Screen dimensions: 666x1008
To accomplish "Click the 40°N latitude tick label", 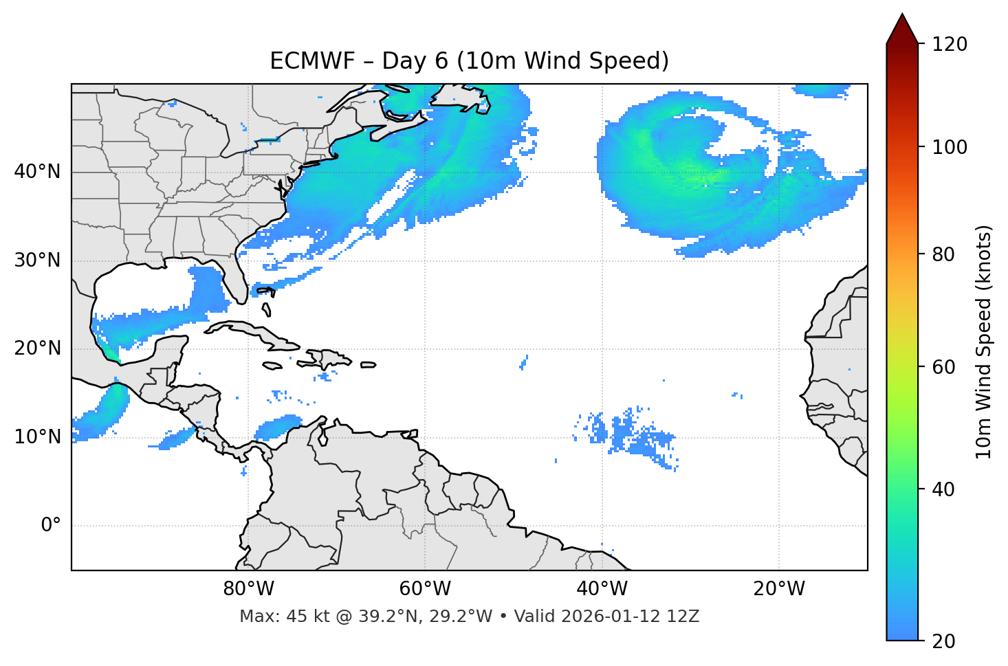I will (37, 172).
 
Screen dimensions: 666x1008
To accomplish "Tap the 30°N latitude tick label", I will (37, 260).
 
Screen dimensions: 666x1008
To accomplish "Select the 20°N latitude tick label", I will (37, 348).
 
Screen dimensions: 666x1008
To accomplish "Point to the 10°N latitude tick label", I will (37, 437).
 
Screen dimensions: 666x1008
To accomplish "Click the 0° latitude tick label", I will (51, 526).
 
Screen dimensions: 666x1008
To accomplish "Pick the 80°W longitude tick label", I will (248, 589).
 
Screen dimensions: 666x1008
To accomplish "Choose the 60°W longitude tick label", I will (425, 589).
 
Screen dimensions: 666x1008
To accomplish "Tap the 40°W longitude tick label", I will (602, 589).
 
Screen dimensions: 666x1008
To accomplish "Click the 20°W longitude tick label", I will (779, 589).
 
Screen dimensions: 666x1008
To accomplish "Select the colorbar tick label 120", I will (950, 44).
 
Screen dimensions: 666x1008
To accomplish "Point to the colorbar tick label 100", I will (950, 147).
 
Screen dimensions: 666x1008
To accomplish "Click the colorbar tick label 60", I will (945, 367).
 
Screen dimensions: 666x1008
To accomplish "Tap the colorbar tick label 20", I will (945, 641).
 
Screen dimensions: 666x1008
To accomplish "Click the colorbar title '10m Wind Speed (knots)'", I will (984, 342).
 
